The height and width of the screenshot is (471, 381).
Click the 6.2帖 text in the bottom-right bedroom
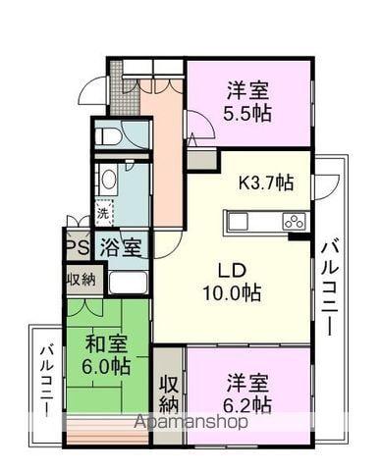click(247, 403)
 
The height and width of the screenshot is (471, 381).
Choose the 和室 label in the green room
click(105, 343)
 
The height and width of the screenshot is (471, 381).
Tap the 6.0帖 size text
click(105, 366)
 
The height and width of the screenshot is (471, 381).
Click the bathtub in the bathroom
click(128, 283)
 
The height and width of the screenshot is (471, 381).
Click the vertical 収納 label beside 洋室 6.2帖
click(168, 392)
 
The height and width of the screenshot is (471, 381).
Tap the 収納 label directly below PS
click(81, 279)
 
